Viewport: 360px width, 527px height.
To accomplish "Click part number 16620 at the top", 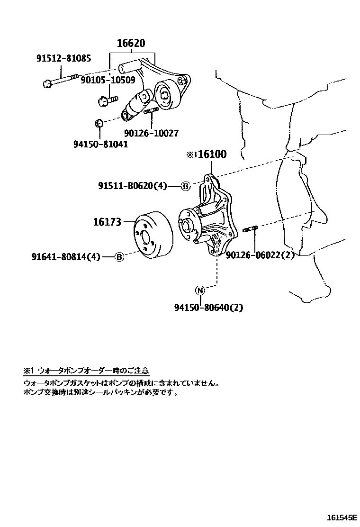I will click(x=131, y=44).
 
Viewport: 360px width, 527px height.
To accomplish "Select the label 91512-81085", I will click(x=64, y=58).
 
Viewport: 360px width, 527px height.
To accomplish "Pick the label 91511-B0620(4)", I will click(x=133, y=186).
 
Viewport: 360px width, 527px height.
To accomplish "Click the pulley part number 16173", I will click(x=107, y=222).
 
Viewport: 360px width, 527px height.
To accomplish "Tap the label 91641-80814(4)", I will click(x=66, y=257).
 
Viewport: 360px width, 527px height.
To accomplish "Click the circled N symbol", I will click(x=200, y=290).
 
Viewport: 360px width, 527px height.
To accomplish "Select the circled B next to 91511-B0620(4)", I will click(x=185, y=186).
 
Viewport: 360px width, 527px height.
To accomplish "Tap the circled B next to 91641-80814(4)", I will click(x=119, y=257).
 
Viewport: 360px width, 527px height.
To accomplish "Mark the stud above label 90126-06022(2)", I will click(x=249, y=230).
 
